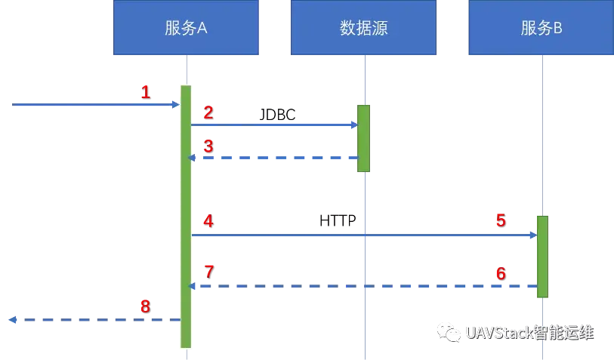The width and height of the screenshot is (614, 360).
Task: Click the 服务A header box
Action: pos(185,28)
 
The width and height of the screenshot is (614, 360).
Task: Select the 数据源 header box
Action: pos(363,28)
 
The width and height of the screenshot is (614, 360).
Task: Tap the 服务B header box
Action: pos(541,28)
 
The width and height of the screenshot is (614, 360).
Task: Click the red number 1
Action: pos(145,92)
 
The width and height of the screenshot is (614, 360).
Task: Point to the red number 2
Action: pos(208,112)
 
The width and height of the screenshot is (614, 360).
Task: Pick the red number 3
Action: pos(208,146)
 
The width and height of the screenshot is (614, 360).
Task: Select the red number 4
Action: pos(208,221)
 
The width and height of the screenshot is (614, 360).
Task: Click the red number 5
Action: pos(500,220)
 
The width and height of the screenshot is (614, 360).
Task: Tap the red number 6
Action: pos(500,273)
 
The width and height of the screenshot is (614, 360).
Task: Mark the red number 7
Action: pos(209,269)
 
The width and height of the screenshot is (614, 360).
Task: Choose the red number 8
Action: pos(145,306)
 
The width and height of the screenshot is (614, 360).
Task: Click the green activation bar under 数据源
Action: pos(364,138)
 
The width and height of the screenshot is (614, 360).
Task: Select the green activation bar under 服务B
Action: pos(541,257)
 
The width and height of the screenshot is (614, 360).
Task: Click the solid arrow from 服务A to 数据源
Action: pos(276,124)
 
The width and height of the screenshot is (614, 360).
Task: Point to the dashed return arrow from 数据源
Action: pos(276,158)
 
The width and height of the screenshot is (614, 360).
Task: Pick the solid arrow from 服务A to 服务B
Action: pos(363,235)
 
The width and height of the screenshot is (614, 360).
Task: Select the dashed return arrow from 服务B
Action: pos(363,287)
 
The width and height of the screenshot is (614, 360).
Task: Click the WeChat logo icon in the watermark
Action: pos(449,332)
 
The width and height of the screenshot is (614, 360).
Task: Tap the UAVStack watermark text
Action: pos(529,333)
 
